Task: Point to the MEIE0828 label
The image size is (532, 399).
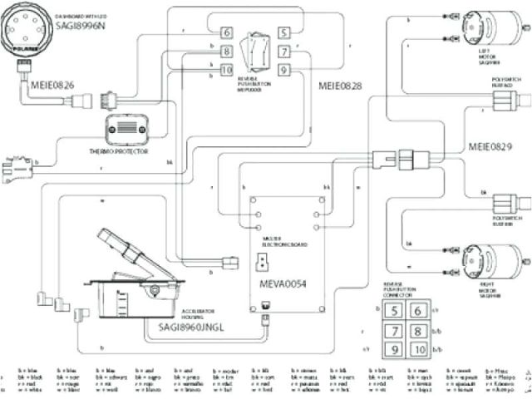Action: (x=341, y=86)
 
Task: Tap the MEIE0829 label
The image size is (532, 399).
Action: (x=491, y=146)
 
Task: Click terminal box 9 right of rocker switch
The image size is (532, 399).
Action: (x=283, y=70)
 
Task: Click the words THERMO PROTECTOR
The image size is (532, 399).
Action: (x=131, y=151)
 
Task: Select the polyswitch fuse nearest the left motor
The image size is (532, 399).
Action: (x=504, y=101)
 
